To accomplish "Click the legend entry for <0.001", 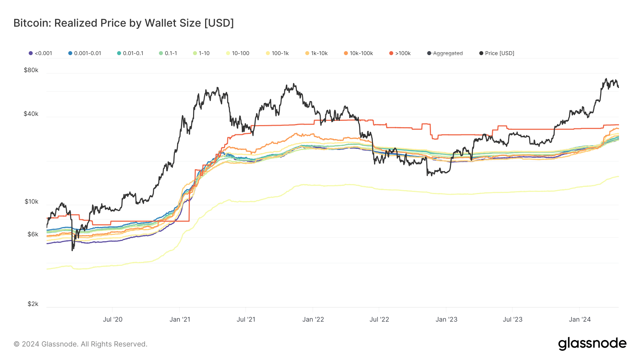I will tap(40, 53).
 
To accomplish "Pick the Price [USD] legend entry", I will tap(497, 53).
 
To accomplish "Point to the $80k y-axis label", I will tap(31, 70).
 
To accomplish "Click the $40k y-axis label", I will tap(31, 114).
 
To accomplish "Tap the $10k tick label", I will tap(31, 202).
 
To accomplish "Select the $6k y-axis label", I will tap(32, 234).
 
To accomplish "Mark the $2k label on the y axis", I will tap(33, 304).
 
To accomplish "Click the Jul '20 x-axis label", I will tap(112, 319).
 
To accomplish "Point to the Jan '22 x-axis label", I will tap(313, 319).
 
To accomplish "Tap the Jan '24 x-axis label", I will tap(580, 319).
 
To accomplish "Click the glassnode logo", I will tap(592, 344).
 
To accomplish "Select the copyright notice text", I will tap(80, 344).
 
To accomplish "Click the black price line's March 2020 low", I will tap(73, 250).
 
